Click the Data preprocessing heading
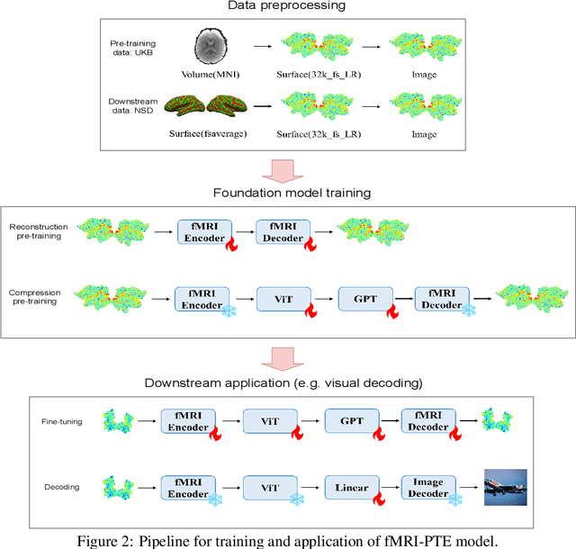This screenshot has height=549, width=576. pos(287,8)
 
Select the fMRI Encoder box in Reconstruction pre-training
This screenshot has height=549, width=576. pos(204,230)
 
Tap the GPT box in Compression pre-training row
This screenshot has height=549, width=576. pos(365,298)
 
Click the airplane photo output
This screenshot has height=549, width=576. pos(504,487)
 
